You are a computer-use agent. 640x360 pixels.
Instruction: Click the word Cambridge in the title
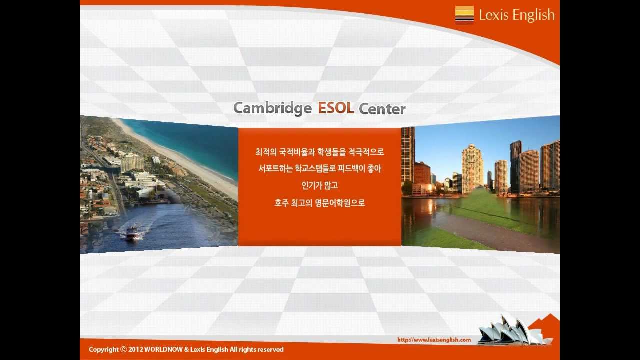[x=272, y=108]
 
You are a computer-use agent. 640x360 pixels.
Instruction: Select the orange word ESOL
[x=336, y=108]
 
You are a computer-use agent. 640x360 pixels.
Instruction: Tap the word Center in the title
[x=382, y=109]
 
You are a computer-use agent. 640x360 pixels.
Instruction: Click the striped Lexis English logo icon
[x=464, y=15]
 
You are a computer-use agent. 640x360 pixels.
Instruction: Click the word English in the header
[x=534, y=15]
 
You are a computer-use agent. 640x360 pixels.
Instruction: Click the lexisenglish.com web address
[x=434, y=340]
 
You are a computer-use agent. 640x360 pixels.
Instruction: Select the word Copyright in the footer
[x=104, y=350]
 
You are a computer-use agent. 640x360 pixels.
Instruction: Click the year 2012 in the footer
[x=135, y=350]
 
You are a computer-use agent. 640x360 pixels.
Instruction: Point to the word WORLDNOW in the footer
[x=163, y=350]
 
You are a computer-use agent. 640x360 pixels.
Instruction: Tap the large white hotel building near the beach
[x=132, y=162]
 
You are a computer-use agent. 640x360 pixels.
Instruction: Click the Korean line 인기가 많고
[x=320, y=186]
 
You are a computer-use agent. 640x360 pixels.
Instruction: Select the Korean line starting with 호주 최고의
[x=320, y=203]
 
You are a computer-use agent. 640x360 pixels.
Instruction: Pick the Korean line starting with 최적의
[x=320, y=152]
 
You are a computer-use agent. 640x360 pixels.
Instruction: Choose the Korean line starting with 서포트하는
[x=320, y=169]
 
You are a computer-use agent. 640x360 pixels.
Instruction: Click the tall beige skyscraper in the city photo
[x=472, y=167]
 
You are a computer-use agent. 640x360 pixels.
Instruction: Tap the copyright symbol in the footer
[x=123, y=350]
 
